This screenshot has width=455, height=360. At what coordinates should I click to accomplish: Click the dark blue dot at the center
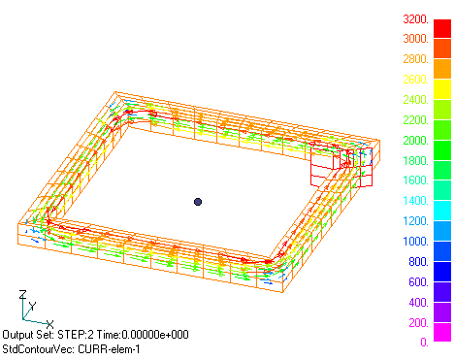[198, 202]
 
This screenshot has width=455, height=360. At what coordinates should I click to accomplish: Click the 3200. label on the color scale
[416, 19]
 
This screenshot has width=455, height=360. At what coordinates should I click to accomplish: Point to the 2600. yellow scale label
[416, 80]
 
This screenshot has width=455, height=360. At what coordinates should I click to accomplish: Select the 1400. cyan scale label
[416, 201]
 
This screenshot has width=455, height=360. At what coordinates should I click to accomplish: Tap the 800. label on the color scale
[419, 262]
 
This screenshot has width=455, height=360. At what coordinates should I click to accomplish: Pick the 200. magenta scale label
[419, 322]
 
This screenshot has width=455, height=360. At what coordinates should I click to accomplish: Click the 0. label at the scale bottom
[425, 342]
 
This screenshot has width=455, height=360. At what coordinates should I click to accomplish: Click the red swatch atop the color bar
[442, 28]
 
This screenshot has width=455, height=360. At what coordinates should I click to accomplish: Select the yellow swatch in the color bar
[442, 89]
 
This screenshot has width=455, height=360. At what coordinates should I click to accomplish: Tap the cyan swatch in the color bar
[442, 211]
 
